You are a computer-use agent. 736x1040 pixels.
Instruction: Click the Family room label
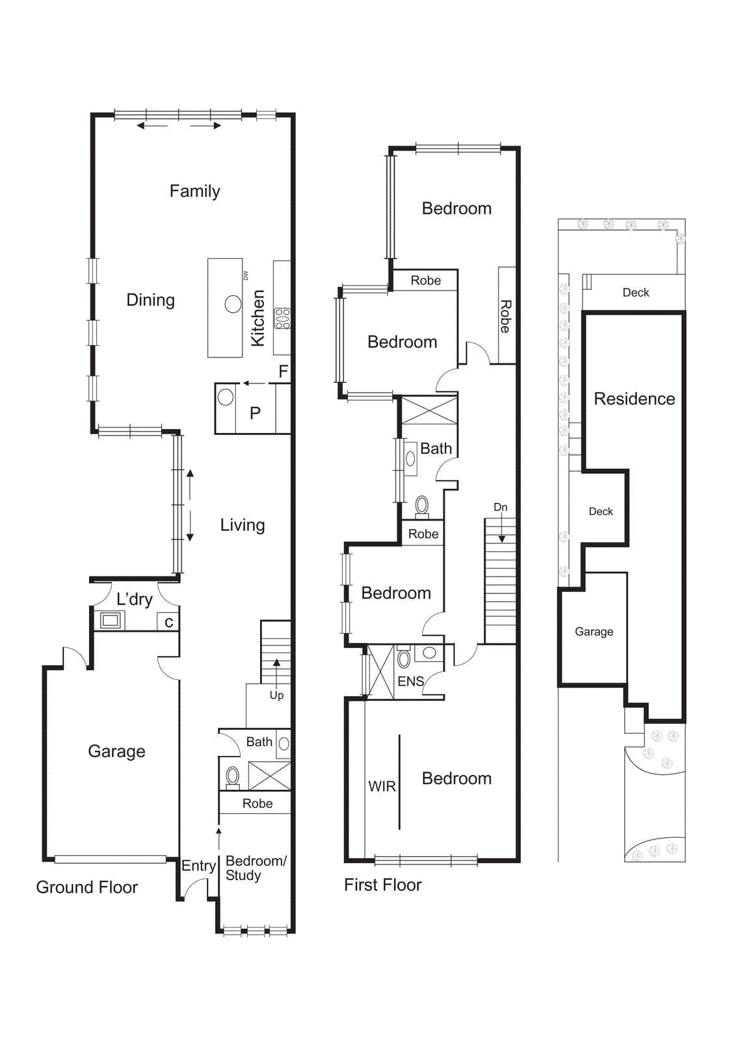tap(194, 191)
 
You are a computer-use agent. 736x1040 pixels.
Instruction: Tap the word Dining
tap(150, 300)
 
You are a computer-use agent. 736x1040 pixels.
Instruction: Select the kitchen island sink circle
tap(233, 304)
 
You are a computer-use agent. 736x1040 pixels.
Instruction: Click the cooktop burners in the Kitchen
tap(282, 318)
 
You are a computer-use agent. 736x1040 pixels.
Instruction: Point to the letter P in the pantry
tap(255, 413)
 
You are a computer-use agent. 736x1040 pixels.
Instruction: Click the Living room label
tap(242, 525)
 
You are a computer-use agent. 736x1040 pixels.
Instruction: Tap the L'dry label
tap(134, 599)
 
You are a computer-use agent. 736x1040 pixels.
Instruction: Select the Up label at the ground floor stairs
tap(276, 695)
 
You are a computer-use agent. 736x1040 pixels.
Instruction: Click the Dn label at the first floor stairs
tap(500, 507)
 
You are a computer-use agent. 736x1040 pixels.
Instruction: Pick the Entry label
tap(198, 866)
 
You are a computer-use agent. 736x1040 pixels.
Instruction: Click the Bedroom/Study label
tap(255, 868)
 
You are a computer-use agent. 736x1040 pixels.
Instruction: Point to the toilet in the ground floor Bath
tap(233, 775)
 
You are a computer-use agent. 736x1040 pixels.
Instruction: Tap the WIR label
tap(382, 786)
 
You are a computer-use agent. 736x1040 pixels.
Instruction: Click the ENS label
tap(410, 681)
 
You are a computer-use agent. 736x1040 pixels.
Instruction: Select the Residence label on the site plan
tap(634, 399)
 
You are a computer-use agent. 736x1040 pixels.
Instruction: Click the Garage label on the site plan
tap(594, 632)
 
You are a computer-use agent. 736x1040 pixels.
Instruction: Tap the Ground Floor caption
tap(86, 887)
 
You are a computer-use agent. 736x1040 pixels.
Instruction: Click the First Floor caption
tap(382, 885)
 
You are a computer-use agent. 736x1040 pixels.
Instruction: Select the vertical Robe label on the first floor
tap(506, 317)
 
